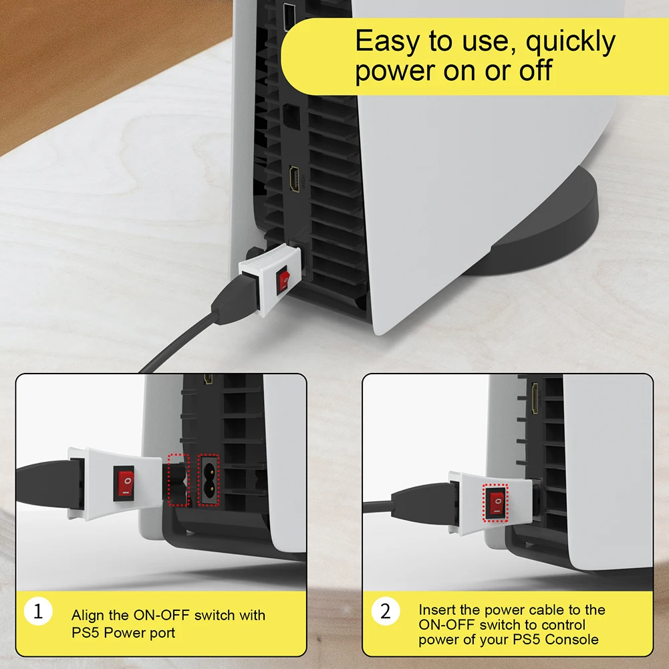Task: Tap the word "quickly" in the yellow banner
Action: coord(569,42)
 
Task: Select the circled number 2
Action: coord(385,611)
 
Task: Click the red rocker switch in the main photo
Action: coord(284,281)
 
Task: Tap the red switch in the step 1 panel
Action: coord(124,482)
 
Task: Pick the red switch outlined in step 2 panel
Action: coord(495,502)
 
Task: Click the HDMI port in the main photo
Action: coord(295,180)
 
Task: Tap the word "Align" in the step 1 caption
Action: coord(88,615)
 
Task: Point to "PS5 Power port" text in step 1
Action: coord(124,632)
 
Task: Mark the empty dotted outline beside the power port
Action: coord(178,479)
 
